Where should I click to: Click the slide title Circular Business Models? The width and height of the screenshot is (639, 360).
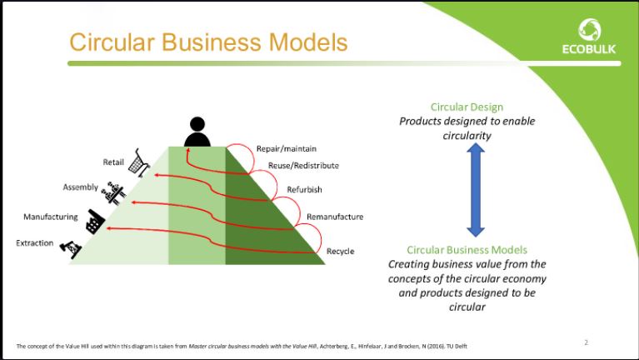tap(208, 42)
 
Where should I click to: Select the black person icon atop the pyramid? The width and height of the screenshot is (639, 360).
tap(197, 132)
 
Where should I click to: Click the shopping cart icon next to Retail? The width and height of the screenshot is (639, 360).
tap(139, 165)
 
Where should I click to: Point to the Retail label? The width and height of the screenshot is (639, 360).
tap(113, 162)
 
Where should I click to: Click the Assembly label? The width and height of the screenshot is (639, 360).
tap(81, 187)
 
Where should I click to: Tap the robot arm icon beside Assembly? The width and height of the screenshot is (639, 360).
tap(113, 193)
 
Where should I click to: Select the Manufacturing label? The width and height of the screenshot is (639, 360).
tap(51, 217)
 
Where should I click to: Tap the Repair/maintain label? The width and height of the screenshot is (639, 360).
tap(286, 148)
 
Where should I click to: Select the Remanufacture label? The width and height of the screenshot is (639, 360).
tap(335, 217)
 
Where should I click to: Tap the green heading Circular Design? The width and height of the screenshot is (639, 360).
tap(467, 107)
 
